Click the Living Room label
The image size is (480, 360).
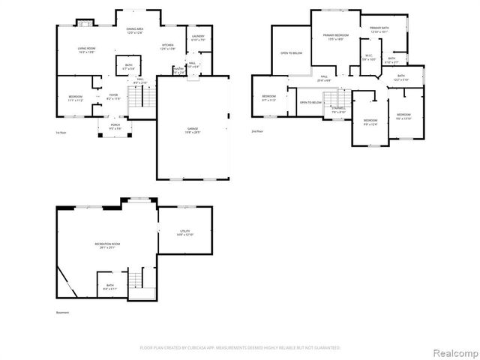[86, 50]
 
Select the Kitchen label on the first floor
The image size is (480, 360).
[167, 47]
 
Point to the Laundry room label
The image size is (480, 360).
[198, 37]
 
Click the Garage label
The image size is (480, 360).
[193, 130]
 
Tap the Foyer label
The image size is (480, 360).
[113, 97]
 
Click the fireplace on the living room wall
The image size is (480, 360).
[86, 22]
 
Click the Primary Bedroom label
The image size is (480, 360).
[333, 37]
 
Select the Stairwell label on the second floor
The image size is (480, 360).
[338, 111]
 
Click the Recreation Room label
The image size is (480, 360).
[108, 245]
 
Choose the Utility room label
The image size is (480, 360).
[185, 234]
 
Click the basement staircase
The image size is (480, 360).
[137, 283]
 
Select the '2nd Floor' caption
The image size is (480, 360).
[257, 131]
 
